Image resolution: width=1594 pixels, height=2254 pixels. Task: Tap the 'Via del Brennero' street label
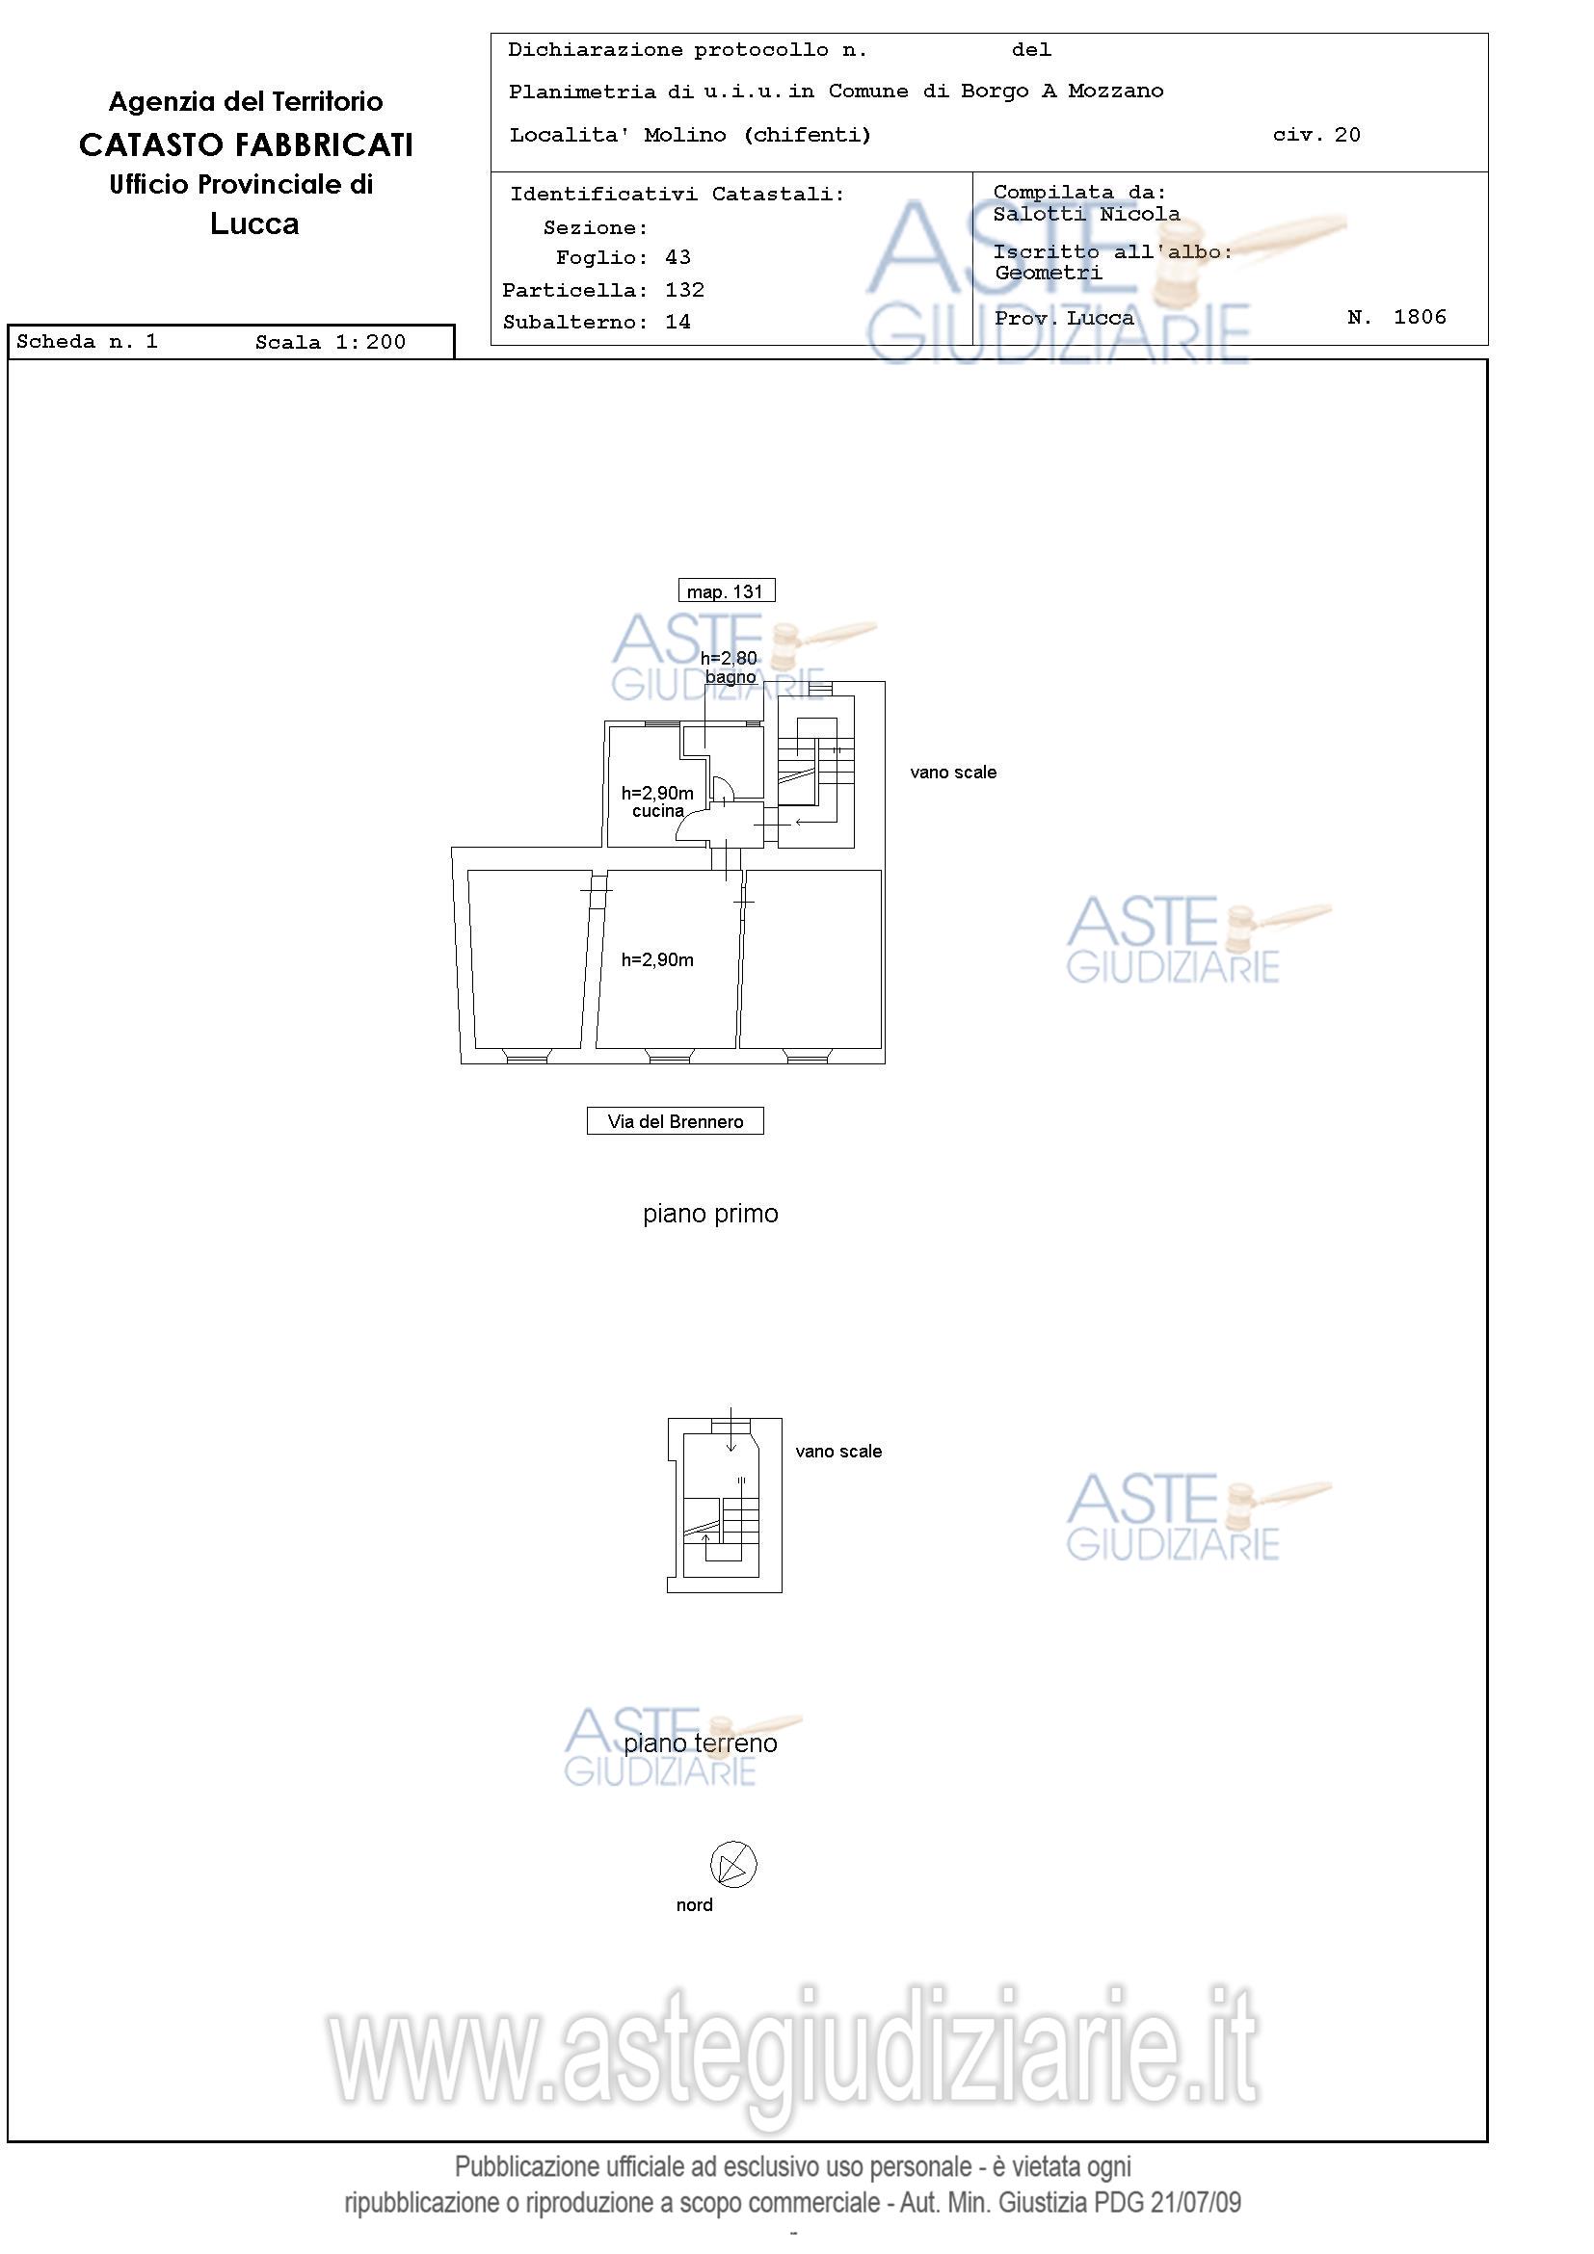point(675,1121)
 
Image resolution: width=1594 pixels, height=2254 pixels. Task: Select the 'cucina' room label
point(658,811)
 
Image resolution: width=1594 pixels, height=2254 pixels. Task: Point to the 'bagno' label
point(731,677)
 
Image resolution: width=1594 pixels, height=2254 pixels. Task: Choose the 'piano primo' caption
point(710,1215)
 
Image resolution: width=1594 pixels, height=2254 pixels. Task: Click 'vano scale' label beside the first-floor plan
point(953,773)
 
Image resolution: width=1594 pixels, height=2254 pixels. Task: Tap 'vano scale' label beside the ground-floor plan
point(838,1451)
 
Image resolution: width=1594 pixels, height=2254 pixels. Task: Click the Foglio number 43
point(677,257)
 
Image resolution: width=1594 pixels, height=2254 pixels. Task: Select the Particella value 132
point(684,290)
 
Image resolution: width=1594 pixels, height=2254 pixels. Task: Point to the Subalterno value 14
point(677,322)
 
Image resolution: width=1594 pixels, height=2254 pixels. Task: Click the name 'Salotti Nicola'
point(1086,214)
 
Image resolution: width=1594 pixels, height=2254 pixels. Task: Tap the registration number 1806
point(1421,316)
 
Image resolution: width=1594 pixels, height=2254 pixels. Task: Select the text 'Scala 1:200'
point(330,342)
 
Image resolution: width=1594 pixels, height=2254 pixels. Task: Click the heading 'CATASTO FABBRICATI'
point(246,145)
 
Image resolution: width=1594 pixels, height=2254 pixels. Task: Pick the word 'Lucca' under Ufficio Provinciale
point(254,223)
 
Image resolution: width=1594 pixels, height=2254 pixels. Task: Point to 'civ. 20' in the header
point(1316,135)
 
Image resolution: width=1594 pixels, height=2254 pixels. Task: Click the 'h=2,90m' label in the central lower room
point(657,960)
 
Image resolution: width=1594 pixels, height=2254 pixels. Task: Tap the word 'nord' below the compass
point(695,1904)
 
